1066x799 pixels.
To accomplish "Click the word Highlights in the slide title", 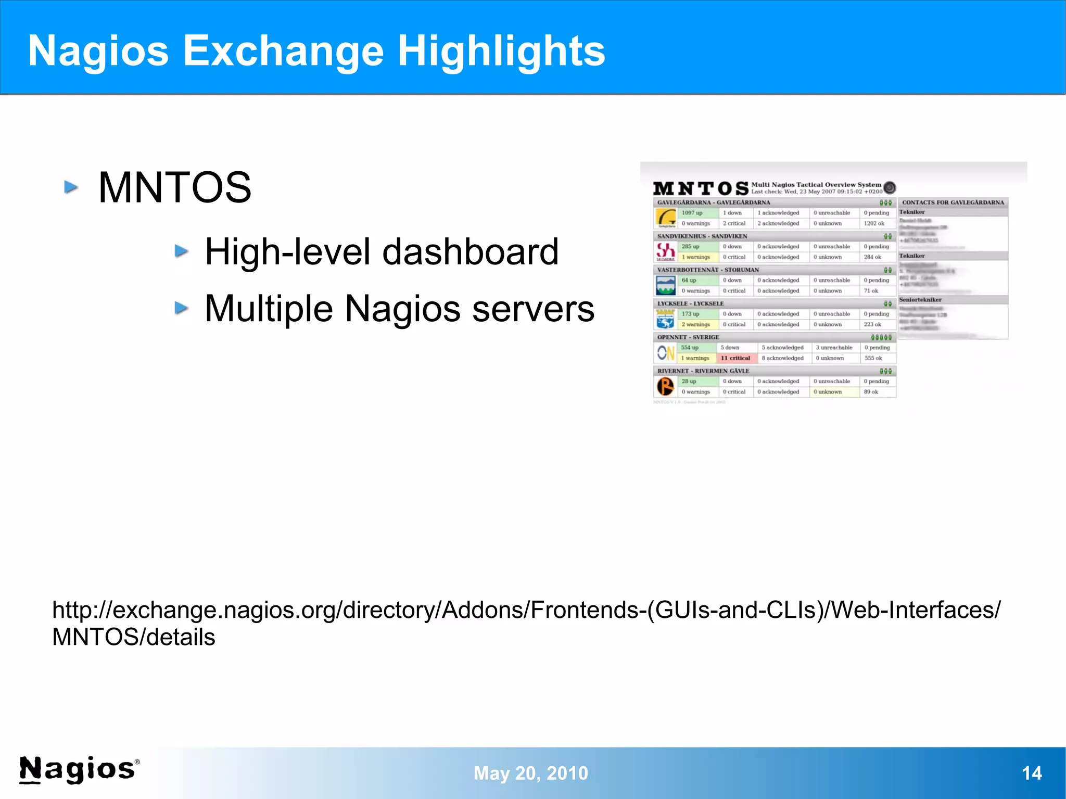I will pos(501,51).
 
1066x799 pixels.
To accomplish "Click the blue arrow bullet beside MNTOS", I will pos(71,187).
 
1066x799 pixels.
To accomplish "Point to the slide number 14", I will pos(1032,773).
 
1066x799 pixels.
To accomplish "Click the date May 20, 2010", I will pos(530,773).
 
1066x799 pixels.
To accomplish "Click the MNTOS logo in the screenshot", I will pos(701,188).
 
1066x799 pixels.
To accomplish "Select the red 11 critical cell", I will pos(735,358).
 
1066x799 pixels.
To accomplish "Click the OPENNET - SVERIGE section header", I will pos(688,337).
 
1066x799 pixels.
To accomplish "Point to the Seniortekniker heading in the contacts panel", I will pos(920,300).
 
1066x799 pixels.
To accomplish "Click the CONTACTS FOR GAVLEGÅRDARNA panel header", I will pos(953,202).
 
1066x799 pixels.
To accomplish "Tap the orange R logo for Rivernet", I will pos(665,387).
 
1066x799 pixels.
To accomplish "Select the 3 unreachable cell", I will pos(834,348).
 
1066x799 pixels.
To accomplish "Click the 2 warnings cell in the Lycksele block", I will pos(696,324).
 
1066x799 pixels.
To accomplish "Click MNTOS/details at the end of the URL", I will pos(134,637).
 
